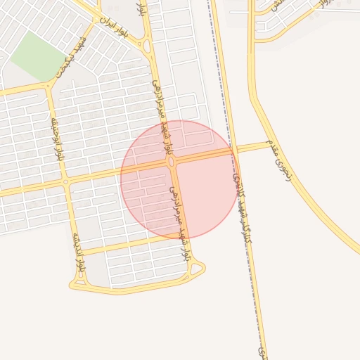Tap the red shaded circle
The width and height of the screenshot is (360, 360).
tap(204, 197)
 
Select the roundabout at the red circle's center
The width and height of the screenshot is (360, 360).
tap(172, 162)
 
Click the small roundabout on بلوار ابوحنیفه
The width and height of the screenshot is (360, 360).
tap(66, 181)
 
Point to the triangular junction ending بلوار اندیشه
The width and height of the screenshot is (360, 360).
tap(76, 285)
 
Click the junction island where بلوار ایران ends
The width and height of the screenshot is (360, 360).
tap(147, 47)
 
